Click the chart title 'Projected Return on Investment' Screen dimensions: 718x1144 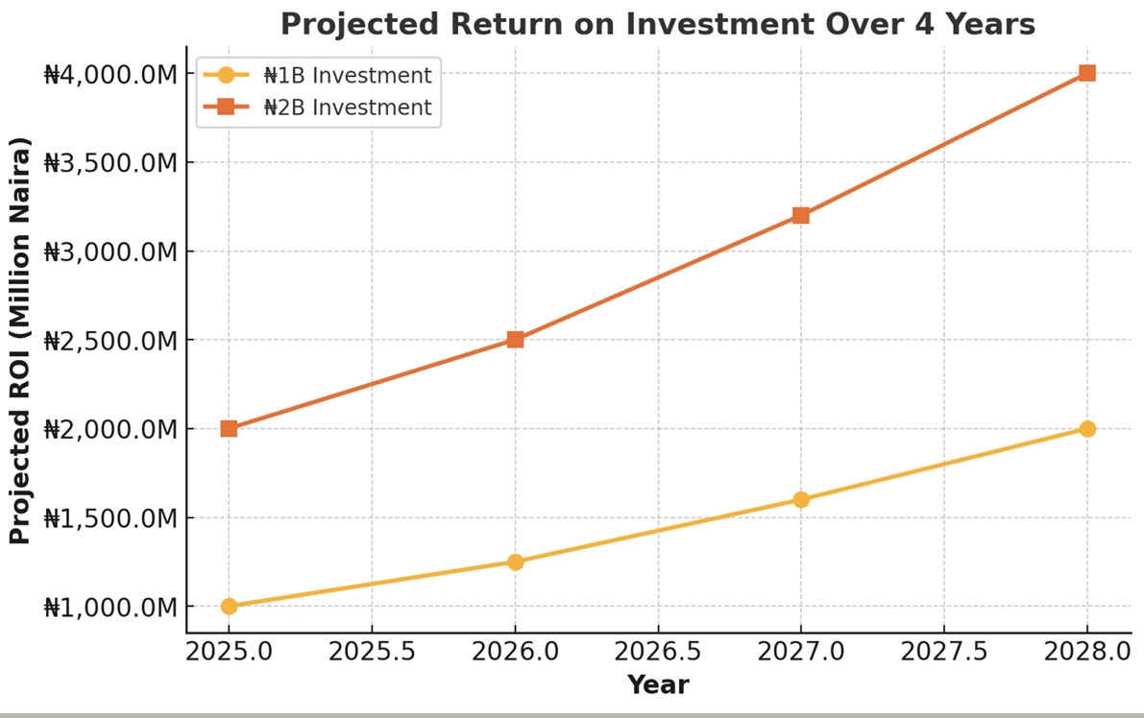click(657, 23)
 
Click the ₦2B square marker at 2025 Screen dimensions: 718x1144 click(229, 428)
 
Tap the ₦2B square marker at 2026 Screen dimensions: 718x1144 click(515, 340)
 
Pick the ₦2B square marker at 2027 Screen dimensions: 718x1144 click(801, 215)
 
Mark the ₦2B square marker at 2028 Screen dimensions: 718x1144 click(1087, 73)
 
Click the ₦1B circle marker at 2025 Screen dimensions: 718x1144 click(229, 606)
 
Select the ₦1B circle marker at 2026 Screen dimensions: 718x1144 click(515, 562)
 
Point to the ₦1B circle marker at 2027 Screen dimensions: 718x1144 click(801, 499)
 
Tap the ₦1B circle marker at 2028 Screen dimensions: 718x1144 click(1087, 428)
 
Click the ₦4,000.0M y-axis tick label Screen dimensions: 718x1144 click(110, 74)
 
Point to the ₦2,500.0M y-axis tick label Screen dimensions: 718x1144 click(110, 341)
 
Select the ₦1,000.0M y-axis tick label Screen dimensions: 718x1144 click(110, 608)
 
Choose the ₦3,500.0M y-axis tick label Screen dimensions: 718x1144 click(110, 163)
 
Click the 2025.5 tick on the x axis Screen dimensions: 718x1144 click(372, 652)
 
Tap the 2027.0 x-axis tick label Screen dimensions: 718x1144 click(801, 652)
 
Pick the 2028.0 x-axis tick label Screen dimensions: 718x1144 click(1087, 652)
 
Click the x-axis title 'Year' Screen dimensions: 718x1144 click(658, 684)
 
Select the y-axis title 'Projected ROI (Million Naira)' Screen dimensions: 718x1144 click(20, 341)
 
